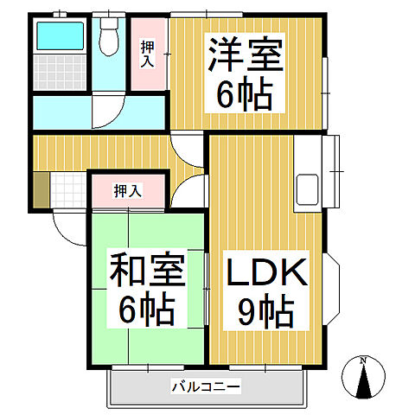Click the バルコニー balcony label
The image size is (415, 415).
coord(205,386)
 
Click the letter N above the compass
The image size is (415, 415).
coord(363,360)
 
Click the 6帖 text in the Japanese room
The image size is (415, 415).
coord(146,308)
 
